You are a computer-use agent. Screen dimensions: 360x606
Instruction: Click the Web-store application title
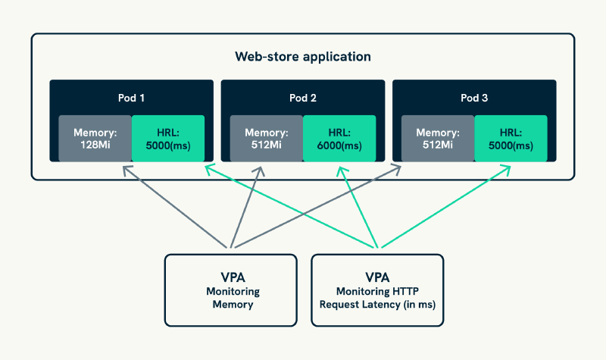click(x=302, y=56)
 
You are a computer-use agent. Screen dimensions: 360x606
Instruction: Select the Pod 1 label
click(x=131, y=98)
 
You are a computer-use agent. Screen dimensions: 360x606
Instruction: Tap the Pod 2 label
click(x=302, y=98)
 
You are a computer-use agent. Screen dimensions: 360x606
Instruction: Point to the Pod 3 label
click(x=474, y=98)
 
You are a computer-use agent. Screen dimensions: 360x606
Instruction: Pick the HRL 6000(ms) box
click(x=339, y=138)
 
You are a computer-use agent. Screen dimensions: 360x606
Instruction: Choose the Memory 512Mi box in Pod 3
click(x=436, y=138)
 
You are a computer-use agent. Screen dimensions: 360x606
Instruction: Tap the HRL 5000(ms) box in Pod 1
click(x=167, y=138)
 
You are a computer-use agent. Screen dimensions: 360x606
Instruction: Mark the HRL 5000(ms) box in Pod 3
click(x=510, y=138)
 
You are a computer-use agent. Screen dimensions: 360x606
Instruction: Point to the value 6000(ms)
click(x=339, y=145)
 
